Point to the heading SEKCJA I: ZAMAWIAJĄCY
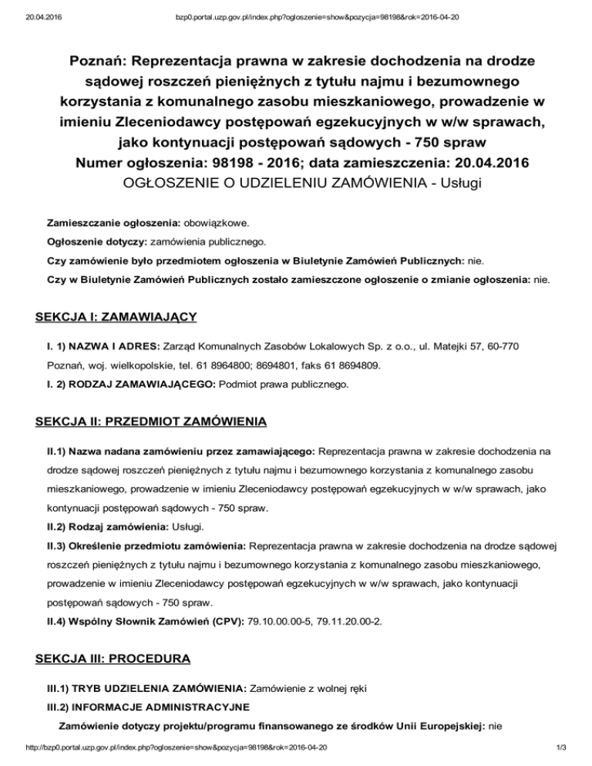[117, 317]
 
